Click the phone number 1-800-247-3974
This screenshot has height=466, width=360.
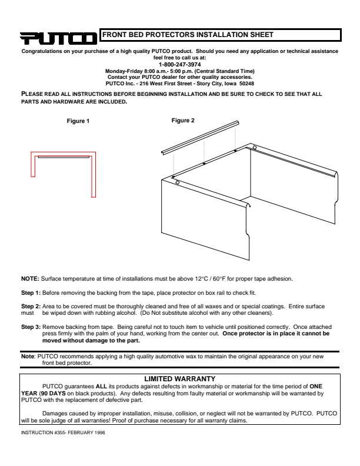[179, 64]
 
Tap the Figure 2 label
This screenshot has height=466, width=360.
[183, 120]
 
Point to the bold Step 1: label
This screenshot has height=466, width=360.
[31, 292]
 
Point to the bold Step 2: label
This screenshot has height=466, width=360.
[31, 307]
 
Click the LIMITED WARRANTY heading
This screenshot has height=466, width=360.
[179, 378]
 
